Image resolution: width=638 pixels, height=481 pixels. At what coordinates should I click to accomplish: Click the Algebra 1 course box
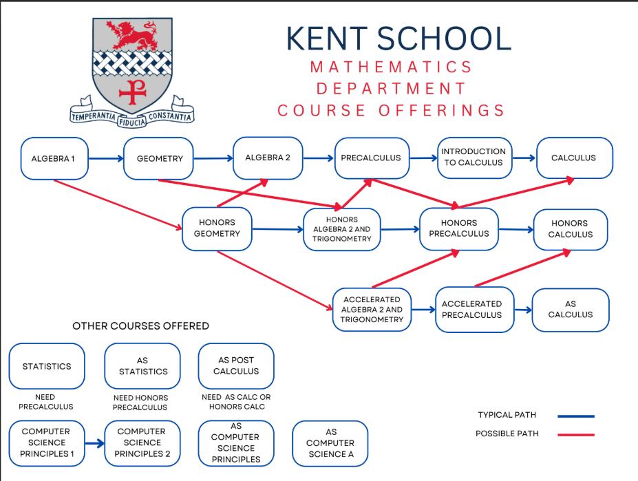pos(54,158)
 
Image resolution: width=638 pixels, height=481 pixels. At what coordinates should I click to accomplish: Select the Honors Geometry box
pos(217,228)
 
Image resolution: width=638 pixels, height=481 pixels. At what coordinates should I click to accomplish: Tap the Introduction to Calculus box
pos(474,158)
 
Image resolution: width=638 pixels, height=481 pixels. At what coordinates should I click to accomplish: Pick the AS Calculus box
pos(571,310)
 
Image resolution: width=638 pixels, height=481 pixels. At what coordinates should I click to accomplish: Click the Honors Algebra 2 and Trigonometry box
pos(342,229)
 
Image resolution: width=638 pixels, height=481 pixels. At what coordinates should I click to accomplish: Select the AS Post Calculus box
pos(236,366)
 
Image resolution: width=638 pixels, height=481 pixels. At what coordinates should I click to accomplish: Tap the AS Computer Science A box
pos(330,443)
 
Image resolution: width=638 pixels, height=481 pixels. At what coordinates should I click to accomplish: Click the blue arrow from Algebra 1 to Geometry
pos(106,158)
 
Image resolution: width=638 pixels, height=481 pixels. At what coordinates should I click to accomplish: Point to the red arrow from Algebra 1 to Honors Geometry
pos(118,204)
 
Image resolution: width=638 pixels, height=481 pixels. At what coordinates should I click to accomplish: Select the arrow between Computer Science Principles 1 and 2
pos(95,443)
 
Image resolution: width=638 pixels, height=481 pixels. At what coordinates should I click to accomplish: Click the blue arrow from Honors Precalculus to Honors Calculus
pos(516,230)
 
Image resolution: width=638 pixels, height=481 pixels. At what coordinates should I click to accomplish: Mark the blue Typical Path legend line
pos(576,416)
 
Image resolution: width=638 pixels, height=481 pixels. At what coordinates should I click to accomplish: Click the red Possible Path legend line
pos(576,435)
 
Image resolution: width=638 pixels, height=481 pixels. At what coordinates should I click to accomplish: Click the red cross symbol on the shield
pos(132,91)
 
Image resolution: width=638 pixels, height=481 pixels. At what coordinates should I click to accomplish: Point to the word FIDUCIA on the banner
pos(132,122)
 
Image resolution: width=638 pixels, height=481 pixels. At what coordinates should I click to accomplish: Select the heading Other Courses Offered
pos(141,326)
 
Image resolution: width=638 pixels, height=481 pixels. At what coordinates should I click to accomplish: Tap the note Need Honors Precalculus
pos(140,403)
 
